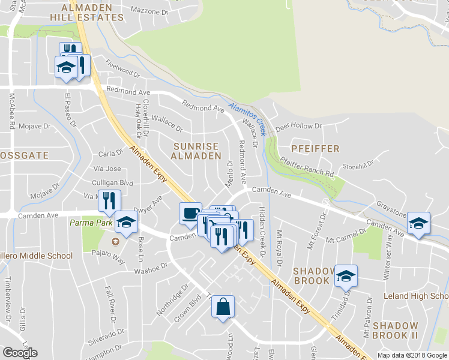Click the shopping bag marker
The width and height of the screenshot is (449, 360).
point(223,307)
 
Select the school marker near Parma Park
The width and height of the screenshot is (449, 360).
point(127,223)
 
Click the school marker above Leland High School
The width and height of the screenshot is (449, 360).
point(346,276)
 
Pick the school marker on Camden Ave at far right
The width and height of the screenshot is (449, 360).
point(418,224)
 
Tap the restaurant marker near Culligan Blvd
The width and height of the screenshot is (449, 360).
point(109,201)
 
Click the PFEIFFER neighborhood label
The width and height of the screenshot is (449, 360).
point(315,148)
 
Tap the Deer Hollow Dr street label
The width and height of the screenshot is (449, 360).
point(298,127)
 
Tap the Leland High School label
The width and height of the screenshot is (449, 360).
point(415,296)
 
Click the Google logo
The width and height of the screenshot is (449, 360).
point(20,353)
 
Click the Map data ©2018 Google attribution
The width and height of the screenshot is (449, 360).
point(412,355)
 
